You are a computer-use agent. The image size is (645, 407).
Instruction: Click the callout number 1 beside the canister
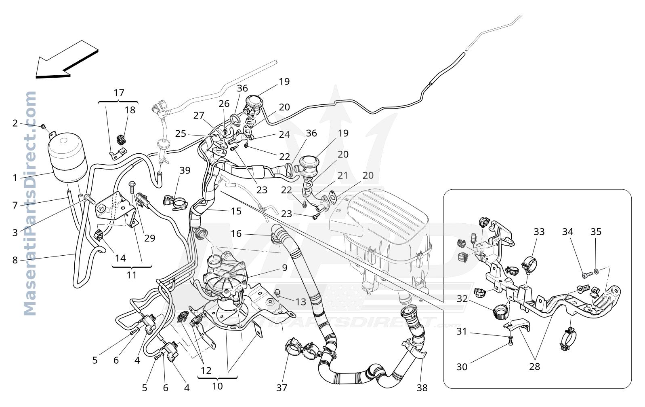pyautogui.click(x=15, y=178)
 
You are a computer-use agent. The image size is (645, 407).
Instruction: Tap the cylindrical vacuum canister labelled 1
pyautogui.click(x=67, y=157)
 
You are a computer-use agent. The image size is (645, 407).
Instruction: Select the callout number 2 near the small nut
pyautogui.click(x=15, y=123)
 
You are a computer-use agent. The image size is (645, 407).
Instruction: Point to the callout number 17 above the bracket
pyautogui.click(x=119, y=93)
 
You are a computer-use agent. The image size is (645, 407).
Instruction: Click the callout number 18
pyautogui.click(x=130, y=110)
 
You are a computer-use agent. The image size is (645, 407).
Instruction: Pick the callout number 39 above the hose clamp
pyautogui.click(x=185, y=170)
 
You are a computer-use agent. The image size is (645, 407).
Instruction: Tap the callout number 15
pyautogui.click(x=236, y=211)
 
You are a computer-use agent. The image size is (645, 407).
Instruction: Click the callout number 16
pyautogui.click(x=236, y=234)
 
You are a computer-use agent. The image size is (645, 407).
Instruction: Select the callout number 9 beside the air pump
pyautogui.click(x=285, y=268)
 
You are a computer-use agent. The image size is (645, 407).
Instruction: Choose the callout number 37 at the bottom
pyautogui.click(x=282, y=388)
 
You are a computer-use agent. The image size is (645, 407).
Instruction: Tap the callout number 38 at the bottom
pyautogui.click(x=422, y=388)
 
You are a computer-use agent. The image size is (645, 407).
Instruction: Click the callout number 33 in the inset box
pyautogui.click(x=539, y=232)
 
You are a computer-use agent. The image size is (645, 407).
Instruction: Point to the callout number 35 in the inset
pyautogui.click(x=596, y=232)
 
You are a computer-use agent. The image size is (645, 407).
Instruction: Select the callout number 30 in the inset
pyautogui.click(x=462, y=367)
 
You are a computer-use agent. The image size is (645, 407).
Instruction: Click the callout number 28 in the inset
pyautogui.click(x=534, y=367)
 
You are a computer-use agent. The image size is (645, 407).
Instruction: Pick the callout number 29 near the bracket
pyautogui.click(x=150, y=238)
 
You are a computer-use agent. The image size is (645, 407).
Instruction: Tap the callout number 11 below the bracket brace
pyautogui.click(x=132, y=275)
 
